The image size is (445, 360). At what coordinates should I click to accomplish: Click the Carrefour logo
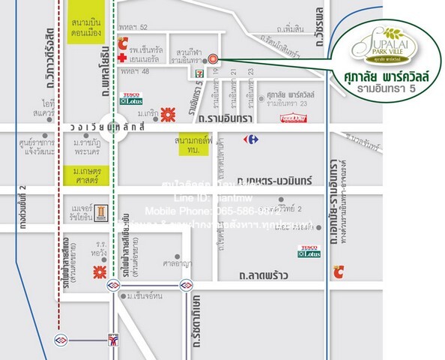[249, 139]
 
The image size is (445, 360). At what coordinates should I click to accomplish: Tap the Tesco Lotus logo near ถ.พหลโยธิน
[131, 98]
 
